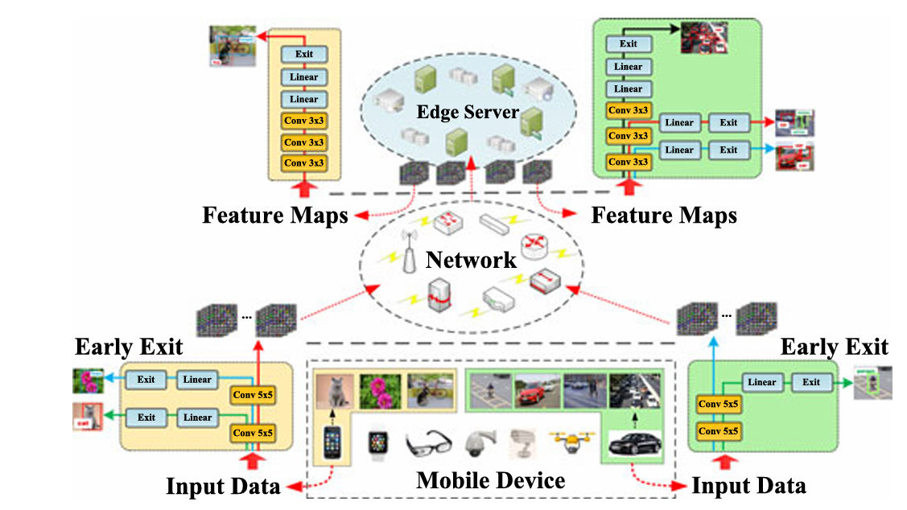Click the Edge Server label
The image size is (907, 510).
(467, 111)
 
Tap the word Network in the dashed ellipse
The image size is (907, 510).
(471, 260)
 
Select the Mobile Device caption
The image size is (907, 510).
(490, 481)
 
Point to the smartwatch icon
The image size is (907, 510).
(377, 443)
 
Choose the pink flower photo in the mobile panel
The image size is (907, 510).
(381, 391)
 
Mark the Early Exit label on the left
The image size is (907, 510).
(129, 347)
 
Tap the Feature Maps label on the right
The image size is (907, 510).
(663, 216)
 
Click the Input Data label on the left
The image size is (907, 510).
(223, 486)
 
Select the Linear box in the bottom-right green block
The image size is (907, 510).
(761, 382)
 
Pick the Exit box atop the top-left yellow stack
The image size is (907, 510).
(304, 55)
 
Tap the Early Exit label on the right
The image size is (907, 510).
(834, 347)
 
